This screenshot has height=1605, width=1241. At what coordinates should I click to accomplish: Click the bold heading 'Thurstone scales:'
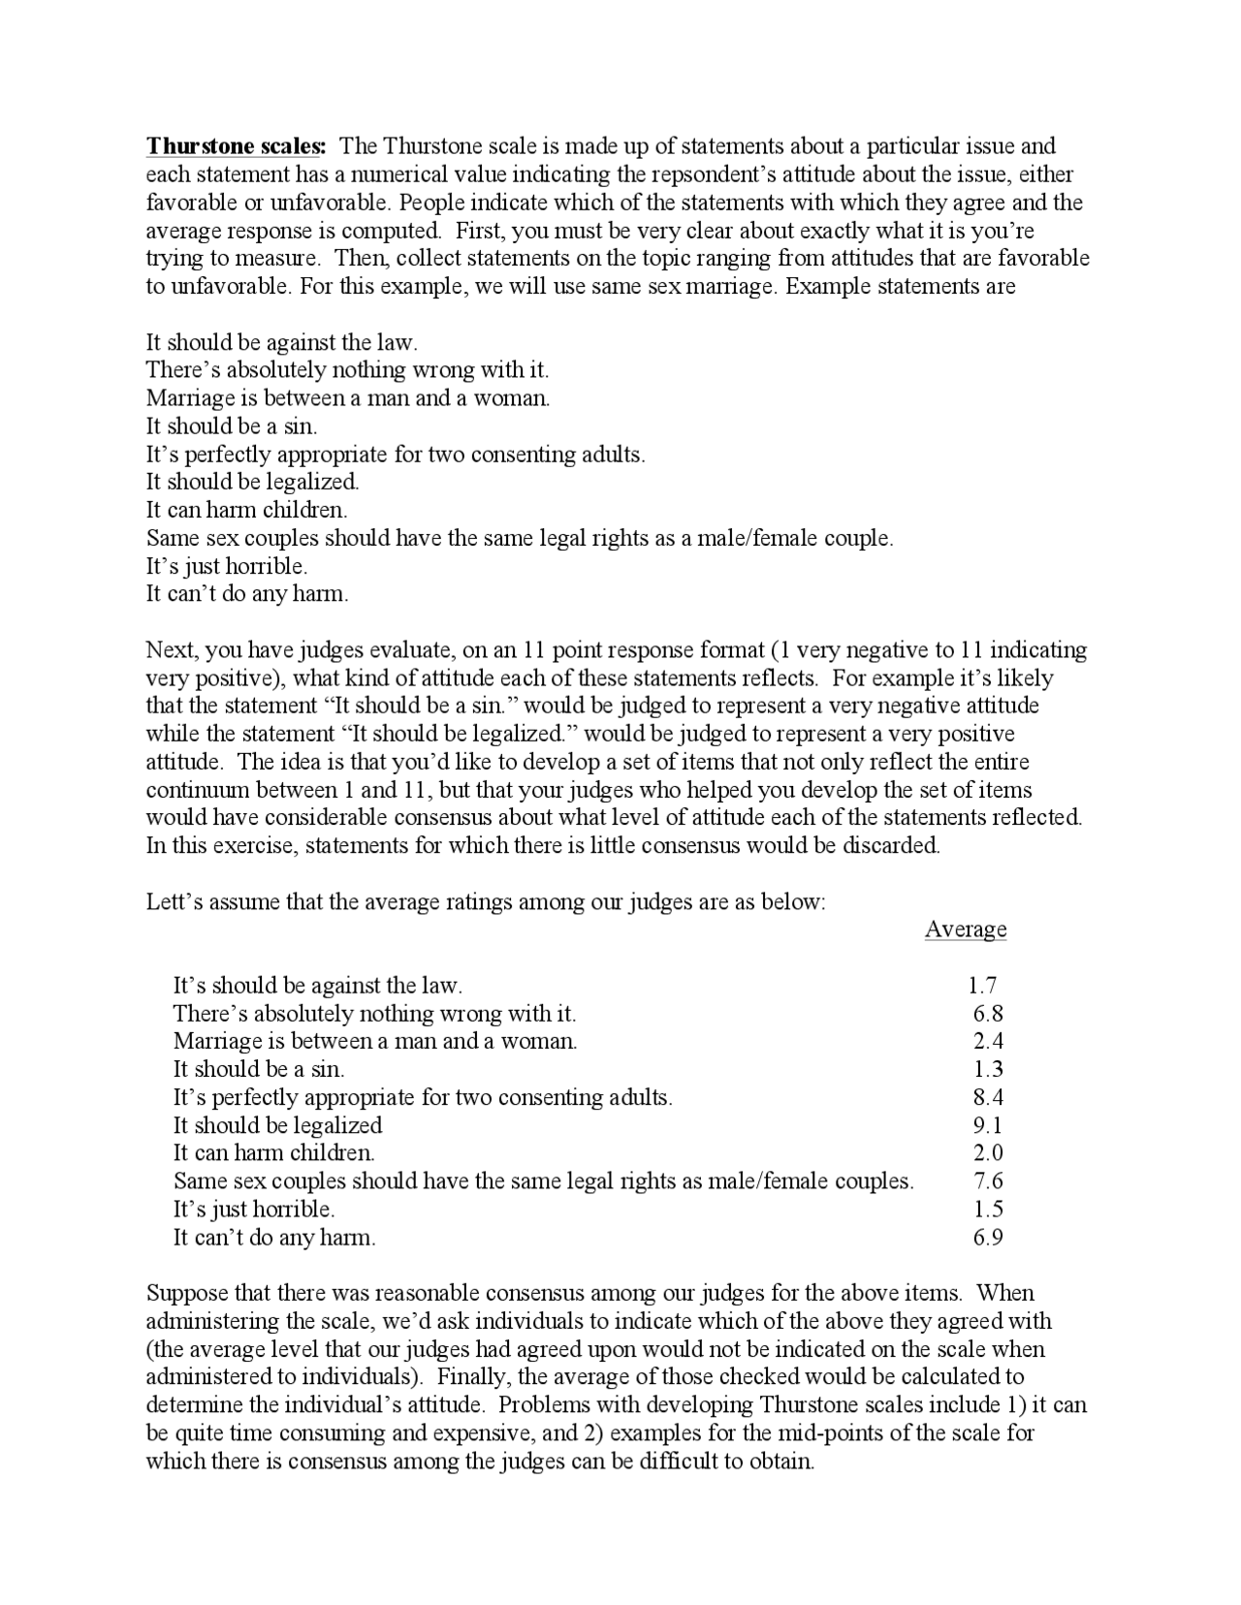click(237, 147)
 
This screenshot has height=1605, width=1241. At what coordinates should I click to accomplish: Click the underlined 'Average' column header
click(965, 929)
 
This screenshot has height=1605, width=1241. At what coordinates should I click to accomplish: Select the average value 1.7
click(982, 987)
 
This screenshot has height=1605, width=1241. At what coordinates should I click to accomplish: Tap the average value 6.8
click(988, 1015)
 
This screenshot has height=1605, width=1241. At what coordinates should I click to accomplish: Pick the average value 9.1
click(988, 1126)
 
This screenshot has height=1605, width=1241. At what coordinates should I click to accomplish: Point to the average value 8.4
click(988, 1098)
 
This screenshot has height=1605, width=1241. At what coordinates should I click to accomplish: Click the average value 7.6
click(988, 1181)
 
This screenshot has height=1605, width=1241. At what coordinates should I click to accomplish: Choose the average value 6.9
click(988, 1238)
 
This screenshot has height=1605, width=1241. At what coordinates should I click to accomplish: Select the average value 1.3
click(988, 1070)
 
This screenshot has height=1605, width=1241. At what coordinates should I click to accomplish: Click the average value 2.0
click(988, 1153)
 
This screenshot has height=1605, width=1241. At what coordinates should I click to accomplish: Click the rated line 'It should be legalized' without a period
click(277, 1126)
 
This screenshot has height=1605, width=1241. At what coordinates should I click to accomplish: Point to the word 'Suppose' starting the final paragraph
click(184, 1294)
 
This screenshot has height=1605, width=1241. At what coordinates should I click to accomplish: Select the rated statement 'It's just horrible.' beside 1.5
click(254, 1210)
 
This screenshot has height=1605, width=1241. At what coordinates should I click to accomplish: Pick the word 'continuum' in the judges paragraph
click(194, 790)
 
